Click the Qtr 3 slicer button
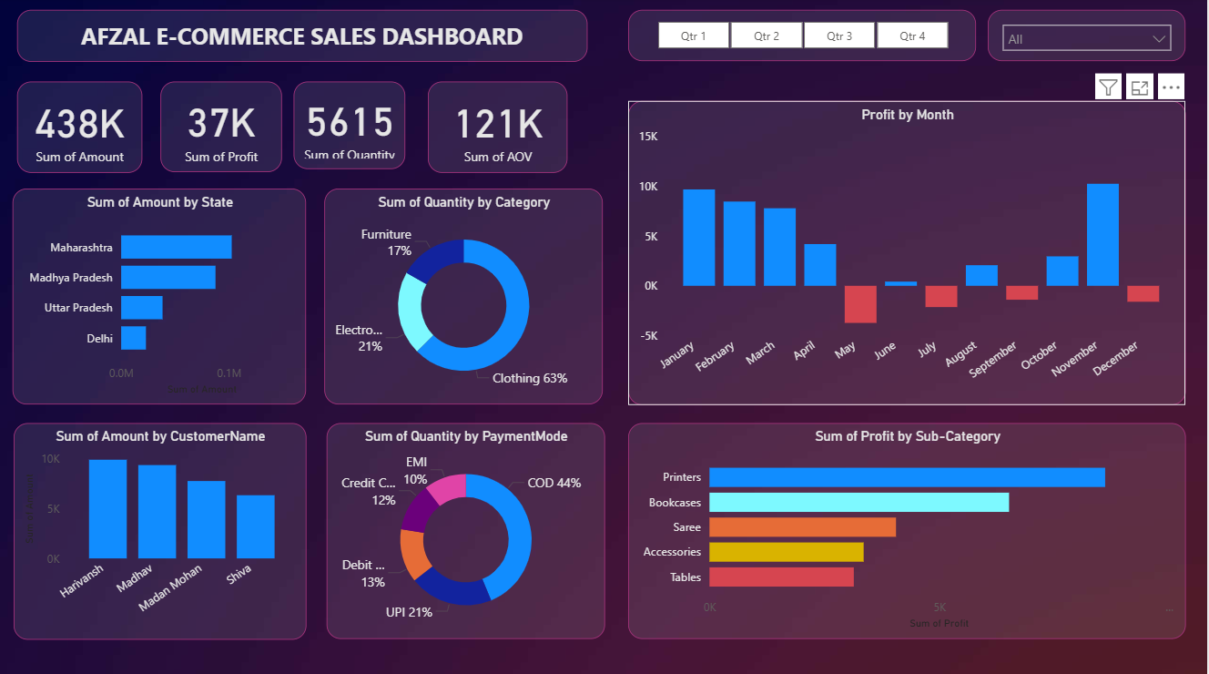(839, 36)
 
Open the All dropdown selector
(1086, 39)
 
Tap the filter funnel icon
(1108, 87)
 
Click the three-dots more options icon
(1171, 87)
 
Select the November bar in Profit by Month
(1102, 235)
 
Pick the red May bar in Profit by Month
(860, 304)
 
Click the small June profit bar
(900, 283)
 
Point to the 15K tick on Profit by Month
(647, 137)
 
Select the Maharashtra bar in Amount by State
(177, 247)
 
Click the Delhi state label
(100, 338)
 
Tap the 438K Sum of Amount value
(80, 124)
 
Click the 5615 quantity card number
(350, 122)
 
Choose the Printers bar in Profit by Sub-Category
(907, 477)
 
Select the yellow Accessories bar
(786, 552)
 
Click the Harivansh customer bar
(107, 509)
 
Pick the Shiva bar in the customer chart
(256, 526)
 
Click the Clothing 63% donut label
(530, 378)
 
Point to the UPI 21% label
(409, 612)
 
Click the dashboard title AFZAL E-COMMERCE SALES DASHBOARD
(301, 36)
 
